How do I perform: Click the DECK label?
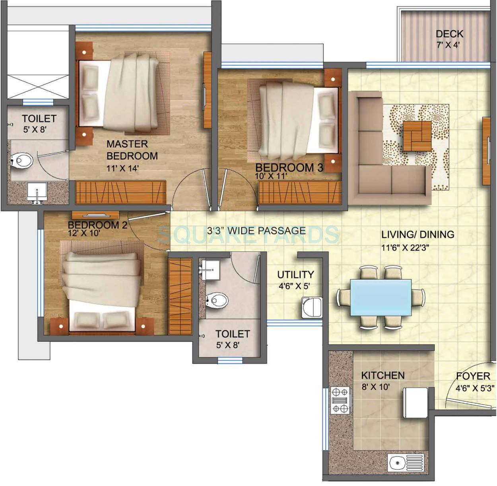point(449,34)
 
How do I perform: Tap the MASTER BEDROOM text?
point(132,150)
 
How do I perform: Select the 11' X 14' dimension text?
point(122,168)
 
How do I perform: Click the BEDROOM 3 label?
point(289,167)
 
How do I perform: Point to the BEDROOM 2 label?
point(97,225)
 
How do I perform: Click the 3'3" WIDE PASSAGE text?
point(256,231)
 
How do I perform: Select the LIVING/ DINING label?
point(417,234)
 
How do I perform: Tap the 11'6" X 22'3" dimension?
point(405,248)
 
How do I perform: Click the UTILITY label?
point(295,274)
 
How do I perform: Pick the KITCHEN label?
point(382,375)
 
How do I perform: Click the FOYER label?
point(473,376)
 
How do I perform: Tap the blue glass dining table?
point(381,297)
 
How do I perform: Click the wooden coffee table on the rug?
point(417,136)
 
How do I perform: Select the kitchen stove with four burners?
point(340,400)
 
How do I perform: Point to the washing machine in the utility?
point(311,307)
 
